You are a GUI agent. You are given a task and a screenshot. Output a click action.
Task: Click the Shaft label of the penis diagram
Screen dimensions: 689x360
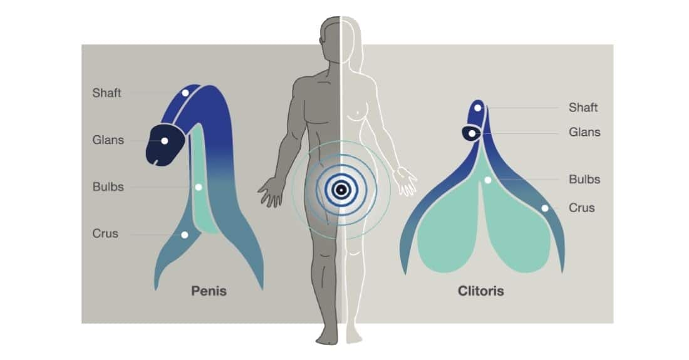(x=106, y=93)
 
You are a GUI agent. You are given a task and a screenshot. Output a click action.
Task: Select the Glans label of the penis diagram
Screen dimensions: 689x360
(x=108, y=140)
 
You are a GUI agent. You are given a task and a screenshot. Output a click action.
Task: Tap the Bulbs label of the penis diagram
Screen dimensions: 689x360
(x=108, y=187)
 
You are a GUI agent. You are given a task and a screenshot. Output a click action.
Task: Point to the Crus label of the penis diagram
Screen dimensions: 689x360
(x=105, y=234)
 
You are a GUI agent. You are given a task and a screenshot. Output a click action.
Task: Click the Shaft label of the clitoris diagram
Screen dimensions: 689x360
(x=583, y=108)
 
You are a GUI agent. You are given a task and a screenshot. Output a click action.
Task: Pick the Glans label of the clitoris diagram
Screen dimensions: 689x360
(x=584, y=132)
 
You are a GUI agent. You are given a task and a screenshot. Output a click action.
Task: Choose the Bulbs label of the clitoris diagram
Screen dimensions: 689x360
(x=584, y=179)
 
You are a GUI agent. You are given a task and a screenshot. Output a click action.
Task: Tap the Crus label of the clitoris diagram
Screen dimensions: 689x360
(x=582, y=208)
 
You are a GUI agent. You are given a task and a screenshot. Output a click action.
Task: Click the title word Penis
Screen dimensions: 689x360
(x=209, y=291)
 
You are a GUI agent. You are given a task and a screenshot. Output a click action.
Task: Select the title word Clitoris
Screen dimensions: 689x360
(x=480, y=291)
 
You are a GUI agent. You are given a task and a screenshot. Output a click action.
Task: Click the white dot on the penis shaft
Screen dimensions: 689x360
(x=185, y=93)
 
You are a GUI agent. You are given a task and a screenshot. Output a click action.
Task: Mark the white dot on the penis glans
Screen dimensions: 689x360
(x=164, y=141)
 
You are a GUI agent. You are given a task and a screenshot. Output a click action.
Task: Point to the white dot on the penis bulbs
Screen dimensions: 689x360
(x=199, y=187)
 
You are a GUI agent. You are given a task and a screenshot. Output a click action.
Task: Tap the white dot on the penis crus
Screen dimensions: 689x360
(x=185, y=235)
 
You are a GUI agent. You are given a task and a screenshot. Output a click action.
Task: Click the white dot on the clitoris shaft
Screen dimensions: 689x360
(x=478, y=108)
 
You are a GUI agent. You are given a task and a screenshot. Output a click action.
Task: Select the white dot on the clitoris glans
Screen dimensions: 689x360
(x=472, y=133)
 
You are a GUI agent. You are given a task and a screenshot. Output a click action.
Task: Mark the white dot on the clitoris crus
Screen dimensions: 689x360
(x=545, y=208)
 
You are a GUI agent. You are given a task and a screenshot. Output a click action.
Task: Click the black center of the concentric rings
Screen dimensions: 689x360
(x=341, y=190)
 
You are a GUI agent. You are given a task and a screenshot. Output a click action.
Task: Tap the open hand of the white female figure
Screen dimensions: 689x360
(x=406, y=180)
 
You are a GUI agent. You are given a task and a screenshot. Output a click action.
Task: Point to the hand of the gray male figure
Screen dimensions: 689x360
(x=270, y=192)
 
